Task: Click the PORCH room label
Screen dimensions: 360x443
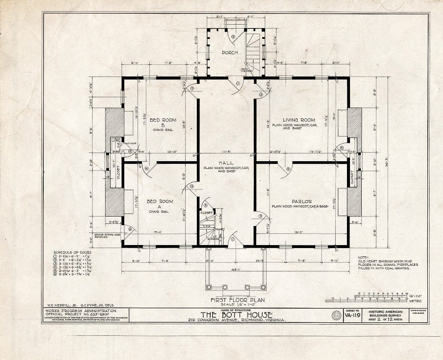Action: point(230,53)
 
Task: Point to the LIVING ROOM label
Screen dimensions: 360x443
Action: point(299,120)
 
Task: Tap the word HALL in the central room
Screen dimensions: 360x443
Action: point(226,163)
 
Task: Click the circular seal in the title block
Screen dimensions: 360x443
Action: point(336,315)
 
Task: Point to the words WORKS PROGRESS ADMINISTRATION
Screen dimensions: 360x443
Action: point(80,311)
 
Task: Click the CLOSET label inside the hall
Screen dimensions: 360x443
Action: point(206,213)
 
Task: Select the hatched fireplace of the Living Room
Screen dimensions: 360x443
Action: point(354,123)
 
